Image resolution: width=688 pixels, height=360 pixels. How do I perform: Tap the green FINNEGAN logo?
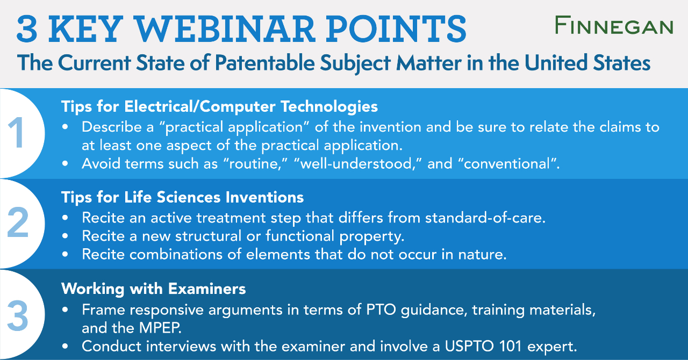coord(614,25)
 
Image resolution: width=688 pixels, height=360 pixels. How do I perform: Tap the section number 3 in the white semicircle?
coord(17,315)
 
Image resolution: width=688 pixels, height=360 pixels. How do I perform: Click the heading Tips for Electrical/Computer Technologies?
coord(219,106)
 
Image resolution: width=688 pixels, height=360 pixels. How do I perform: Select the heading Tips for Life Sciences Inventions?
coord(182,197)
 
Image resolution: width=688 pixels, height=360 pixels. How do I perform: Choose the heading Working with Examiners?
coord(153,289)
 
